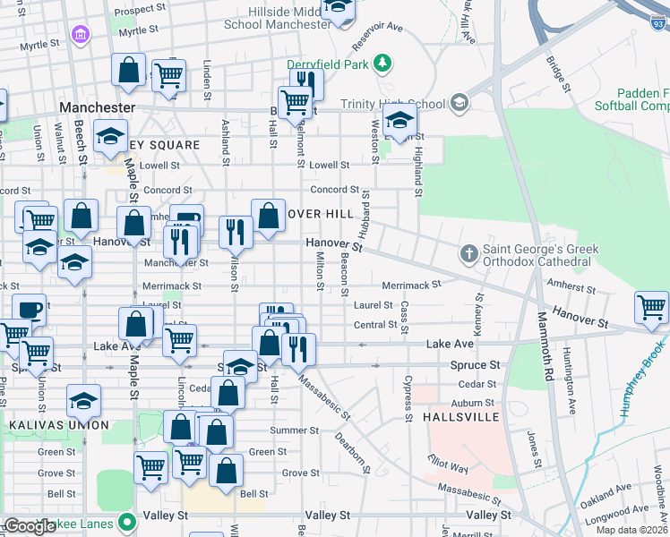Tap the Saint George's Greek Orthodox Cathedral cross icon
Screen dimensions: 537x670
tap(468, 254)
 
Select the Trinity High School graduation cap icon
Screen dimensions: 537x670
tap(460, 102)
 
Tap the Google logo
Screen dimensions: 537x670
tap(29, 526)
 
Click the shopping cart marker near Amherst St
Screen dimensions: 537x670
tap(650, 307)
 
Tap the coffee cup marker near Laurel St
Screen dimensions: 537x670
tap(30, 309)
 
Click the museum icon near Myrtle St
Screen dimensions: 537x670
tap(82, 36)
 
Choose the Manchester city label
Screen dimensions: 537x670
tap(97, 107)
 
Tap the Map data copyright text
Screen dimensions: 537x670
tap(633, 530)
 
